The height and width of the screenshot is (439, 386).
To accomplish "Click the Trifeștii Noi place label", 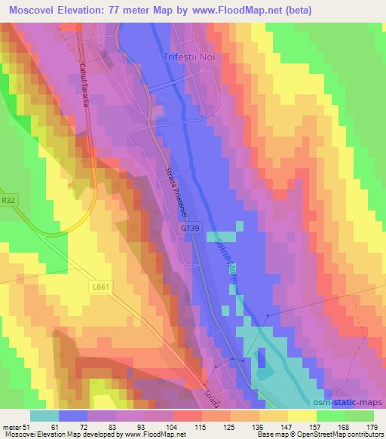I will pos(191,57).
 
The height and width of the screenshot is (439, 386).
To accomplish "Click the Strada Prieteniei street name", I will pos(176,192).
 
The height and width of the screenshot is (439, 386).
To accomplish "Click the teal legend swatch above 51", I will pos(44,416).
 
